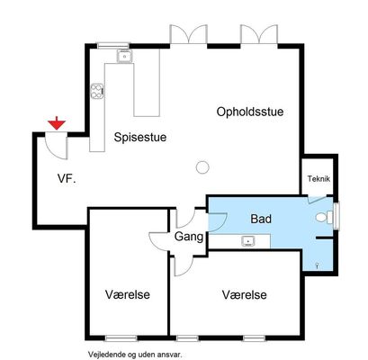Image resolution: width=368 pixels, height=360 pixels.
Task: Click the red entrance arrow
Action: pyautogui.click(x=57, y=124)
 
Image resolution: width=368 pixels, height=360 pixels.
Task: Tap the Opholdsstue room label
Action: pyautogui.click(x=250, y=112)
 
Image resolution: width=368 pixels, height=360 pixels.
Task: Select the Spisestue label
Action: pyautogui.click(x=140, y=138)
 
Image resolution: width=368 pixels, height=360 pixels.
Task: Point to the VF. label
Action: pyautogui.click(x=67, y=179)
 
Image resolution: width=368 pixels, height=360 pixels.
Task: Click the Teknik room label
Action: pyautogui.click(x=319, y=179)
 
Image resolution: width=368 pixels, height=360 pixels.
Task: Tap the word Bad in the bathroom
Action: pyautogui.click(x=261, y=219)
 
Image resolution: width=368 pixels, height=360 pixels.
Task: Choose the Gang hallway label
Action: pyautogui.click(x=189, y=237)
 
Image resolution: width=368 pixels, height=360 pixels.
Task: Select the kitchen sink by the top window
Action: pyautogui.click(x=124, y=56)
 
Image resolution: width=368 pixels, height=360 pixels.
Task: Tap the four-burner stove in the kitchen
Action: pyautogui.click(x=97, y=91)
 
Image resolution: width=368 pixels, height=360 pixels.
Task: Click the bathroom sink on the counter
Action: pyautogui.click(x=248, y=241)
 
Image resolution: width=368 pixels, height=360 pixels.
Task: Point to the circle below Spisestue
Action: pyautogui.click(x=202, y=167)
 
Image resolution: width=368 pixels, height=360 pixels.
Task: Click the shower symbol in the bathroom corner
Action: pyautogui.click(x=318, y=265)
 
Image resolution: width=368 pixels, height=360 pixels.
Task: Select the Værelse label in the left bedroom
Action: pyautogui.click(x=128, y=294)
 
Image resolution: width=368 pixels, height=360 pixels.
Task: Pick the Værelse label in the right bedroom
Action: pyautogui.click(x=244, y=294)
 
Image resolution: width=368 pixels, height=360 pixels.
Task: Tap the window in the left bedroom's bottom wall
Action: pyautogui.click(x=121, y=338)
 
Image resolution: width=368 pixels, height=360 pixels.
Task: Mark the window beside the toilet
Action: pyautogui.click(x=337, y=216)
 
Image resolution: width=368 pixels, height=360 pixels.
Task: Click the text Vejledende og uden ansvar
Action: pyautogui.click(x=135, y=355)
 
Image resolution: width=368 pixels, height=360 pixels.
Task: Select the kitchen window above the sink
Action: pyautogui.click(x=113, y=46)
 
